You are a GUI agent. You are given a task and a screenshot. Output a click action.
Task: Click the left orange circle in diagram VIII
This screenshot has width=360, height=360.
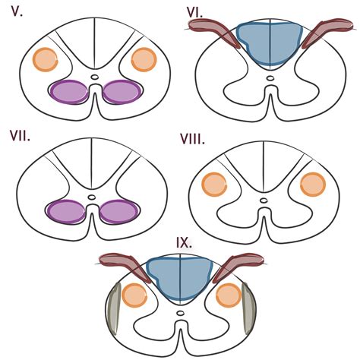(x=214, y=185)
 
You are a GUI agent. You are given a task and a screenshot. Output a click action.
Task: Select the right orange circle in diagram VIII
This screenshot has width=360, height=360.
(x=312, y=185)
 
